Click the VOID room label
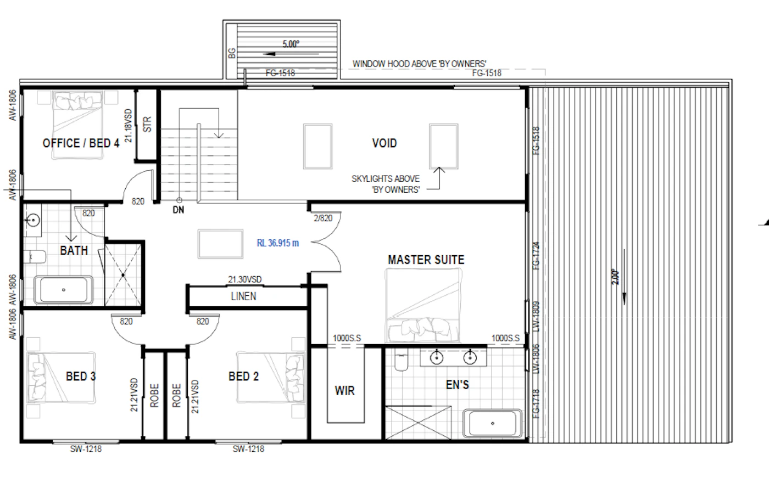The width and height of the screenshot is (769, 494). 384,143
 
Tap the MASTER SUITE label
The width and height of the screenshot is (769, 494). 426,260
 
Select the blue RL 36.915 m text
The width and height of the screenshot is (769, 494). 278,243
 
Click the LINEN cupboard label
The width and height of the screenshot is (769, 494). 243,296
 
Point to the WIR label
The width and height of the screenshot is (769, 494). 345,390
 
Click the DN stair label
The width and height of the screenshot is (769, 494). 179,210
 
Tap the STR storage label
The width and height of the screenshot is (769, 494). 147,124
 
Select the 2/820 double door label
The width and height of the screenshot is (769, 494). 323,218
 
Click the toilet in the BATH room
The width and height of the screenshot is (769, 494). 34,257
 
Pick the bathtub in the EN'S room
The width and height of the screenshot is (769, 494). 492,423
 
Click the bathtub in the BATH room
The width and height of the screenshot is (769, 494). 64,290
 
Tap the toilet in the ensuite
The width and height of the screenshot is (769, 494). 401,360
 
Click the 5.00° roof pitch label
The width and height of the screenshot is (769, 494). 291,44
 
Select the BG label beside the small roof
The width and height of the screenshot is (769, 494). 232,53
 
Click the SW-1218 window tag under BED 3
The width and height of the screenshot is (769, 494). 86,449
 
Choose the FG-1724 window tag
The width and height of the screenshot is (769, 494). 536,256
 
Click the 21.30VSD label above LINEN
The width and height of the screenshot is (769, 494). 245,279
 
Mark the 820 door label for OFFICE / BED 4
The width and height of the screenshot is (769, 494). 138,201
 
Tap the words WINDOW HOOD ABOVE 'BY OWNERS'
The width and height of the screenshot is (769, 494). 420,64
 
